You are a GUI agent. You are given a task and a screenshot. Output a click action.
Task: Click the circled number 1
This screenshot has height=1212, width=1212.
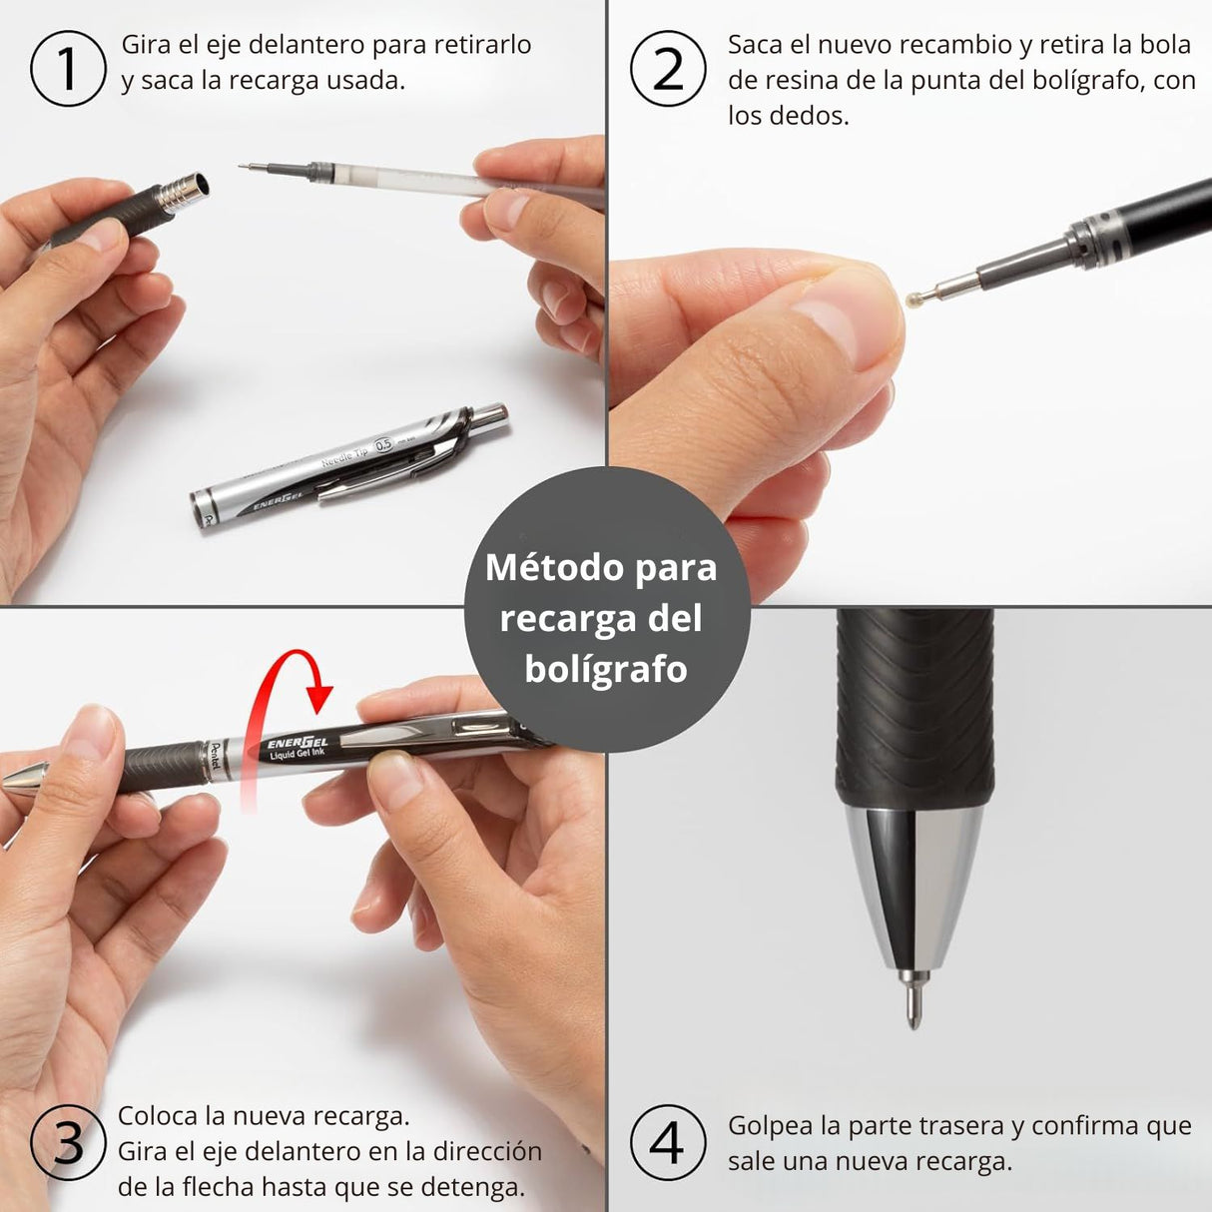point(68,68)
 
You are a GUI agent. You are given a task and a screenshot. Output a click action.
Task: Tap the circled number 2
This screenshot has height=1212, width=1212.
point(669,68)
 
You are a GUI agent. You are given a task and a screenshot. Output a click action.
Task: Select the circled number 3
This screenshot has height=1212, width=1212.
point(68,1142)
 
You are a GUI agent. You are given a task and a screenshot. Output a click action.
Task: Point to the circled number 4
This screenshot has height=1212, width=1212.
point(667,1142)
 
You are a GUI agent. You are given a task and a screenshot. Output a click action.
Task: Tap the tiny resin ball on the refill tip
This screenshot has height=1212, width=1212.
point(910,297)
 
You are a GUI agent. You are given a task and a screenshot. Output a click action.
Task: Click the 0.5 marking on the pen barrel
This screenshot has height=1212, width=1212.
point(383,445)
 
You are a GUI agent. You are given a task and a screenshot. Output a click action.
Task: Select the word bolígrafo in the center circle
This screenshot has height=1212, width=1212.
point(605,669)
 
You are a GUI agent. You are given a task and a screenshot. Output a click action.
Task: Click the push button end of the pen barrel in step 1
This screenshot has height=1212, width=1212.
point(491,415)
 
